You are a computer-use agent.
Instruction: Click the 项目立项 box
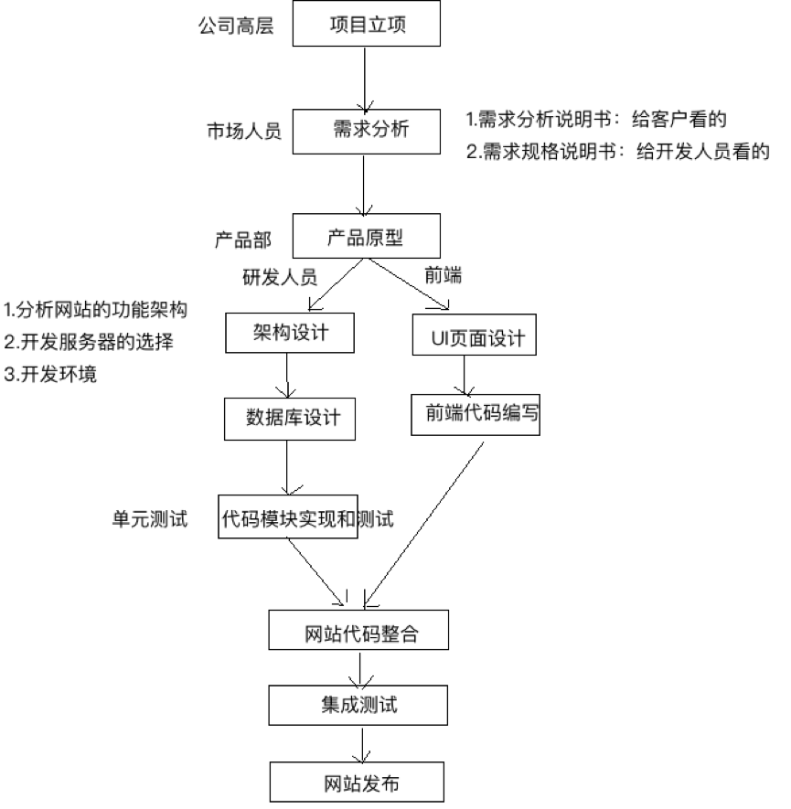tap(367, 25)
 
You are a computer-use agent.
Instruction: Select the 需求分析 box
tap(367, 131)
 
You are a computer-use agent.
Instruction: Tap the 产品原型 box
tap(366, 238)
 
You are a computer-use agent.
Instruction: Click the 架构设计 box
tap(290, 334)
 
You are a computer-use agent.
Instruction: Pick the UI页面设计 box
tap(472, 337)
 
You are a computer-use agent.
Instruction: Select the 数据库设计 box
tap(288, 418)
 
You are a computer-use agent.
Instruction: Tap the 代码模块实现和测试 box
tap(289, 518)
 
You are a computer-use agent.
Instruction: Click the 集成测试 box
tap(359, 705)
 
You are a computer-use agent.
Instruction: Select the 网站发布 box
tap(359, 783)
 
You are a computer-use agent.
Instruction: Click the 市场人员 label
tap(243, 131)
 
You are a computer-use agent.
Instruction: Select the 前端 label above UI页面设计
tap(444, 275)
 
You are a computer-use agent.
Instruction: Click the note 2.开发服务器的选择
tap(89, 342)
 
